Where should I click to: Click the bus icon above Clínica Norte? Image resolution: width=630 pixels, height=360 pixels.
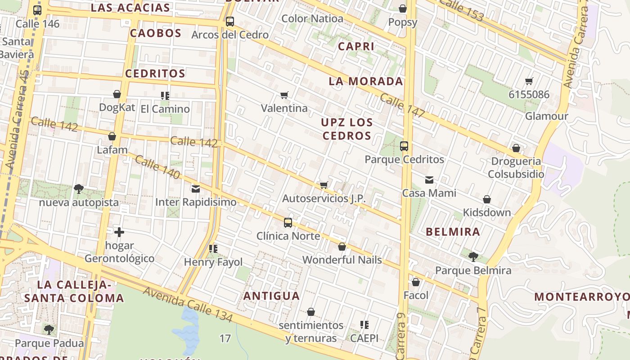coord(288,222)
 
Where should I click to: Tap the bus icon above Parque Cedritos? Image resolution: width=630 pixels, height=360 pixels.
coord(404,146)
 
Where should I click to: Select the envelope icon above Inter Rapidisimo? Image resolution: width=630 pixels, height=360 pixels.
coord(196,189)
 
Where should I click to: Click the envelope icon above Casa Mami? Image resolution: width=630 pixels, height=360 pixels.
coord(429,180)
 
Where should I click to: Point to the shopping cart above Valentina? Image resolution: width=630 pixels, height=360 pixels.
coord(284,95)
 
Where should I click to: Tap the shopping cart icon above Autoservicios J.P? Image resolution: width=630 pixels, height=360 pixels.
coord(324,185)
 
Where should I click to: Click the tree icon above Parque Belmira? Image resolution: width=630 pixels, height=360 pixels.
coord(473,257)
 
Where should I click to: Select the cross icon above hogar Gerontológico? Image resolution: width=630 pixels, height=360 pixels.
coord(119,232)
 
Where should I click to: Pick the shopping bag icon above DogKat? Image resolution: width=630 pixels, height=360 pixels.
coord(117,94)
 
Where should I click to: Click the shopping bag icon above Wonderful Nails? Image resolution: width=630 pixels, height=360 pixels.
coord(342,247)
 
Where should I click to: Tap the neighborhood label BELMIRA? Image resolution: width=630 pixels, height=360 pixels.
coord(453,232)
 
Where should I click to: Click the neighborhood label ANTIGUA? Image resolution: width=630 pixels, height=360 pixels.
coord(271,296)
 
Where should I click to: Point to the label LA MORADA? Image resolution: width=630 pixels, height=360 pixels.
coord(366,81)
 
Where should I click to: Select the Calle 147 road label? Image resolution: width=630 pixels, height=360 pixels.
coord(402,106)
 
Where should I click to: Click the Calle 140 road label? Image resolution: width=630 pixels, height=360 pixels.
coord(157,167)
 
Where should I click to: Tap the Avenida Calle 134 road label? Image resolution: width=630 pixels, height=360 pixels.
coord(188,305)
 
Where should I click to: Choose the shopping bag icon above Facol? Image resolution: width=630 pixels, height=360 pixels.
coord(416,282)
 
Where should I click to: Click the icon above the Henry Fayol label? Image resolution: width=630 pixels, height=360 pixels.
coord(213,248)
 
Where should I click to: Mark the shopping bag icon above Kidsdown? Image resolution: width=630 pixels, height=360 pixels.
coord(487,199)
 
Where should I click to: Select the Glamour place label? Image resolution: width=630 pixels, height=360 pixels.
coord(547,116)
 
